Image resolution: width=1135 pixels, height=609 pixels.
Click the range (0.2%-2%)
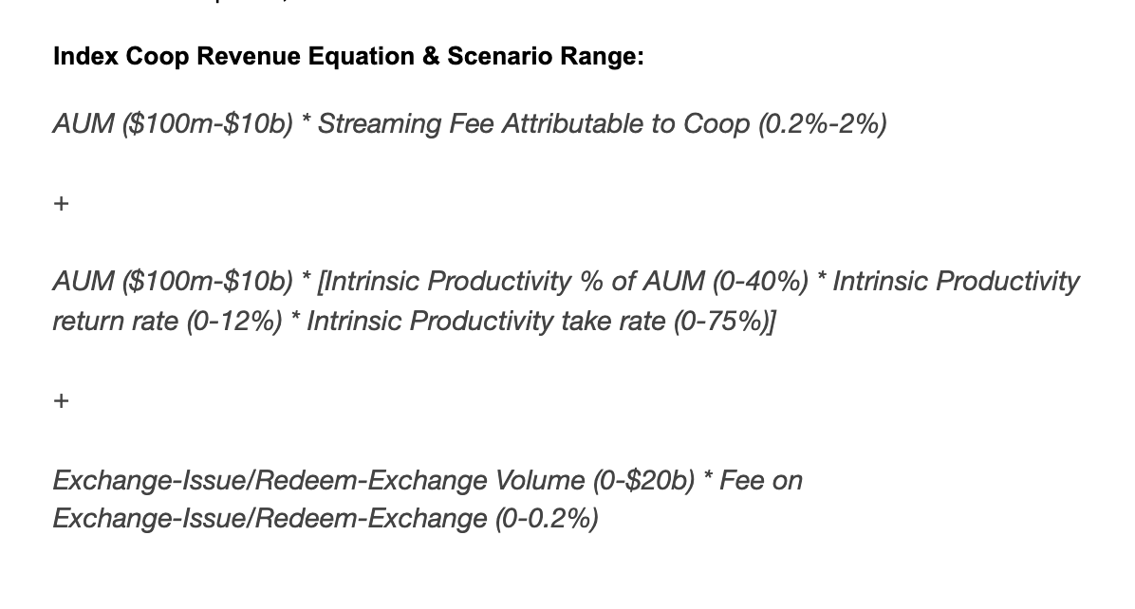click(822, 124)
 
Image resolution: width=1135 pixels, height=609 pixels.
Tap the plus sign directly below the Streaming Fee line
click(61, 204)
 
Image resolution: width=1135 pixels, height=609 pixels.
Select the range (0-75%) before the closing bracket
click(721, 322)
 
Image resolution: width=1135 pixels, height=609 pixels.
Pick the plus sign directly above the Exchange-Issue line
click(61, 401)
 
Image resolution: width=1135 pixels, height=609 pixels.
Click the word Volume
click(540, 481)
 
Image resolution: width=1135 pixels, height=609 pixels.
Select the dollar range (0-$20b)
click(644, 481)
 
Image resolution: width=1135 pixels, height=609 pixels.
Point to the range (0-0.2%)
click(546, 519)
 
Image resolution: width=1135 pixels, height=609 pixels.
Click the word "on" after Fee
click(789, 481)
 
